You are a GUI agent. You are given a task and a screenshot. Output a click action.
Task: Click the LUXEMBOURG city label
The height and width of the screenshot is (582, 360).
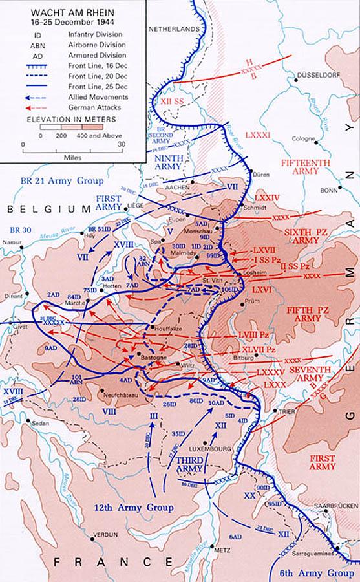click(207, 446)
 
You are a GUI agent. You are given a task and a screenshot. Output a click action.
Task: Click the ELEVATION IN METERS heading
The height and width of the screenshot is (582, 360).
click(72, 120)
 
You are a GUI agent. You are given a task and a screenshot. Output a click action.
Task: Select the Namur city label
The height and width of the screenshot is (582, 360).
click(12, 239)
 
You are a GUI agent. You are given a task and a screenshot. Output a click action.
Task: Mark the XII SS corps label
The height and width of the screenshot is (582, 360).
click(179, 102)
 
